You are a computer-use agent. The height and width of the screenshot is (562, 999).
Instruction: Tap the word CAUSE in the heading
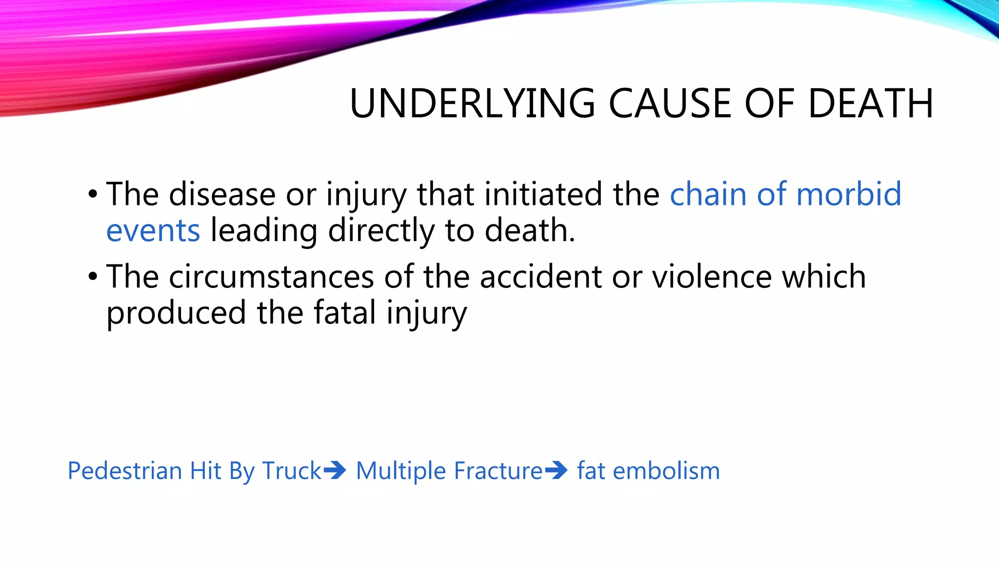[670, 103]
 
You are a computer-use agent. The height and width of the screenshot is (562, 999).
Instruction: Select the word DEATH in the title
[871, 103]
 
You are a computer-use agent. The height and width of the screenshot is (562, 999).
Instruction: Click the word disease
[222, 194]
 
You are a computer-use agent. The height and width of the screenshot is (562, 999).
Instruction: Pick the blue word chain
[708, 194]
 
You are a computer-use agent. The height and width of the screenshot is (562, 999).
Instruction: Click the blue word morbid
[848, 194]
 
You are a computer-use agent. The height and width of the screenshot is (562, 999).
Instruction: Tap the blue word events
[153, 231]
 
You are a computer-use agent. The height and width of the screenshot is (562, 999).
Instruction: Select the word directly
[381, 231]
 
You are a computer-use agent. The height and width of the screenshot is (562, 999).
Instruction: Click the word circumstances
[271, 277]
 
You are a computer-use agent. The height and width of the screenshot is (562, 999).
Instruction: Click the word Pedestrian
[125, 471]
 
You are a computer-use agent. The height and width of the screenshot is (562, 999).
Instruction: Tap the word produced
[176, 314]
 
